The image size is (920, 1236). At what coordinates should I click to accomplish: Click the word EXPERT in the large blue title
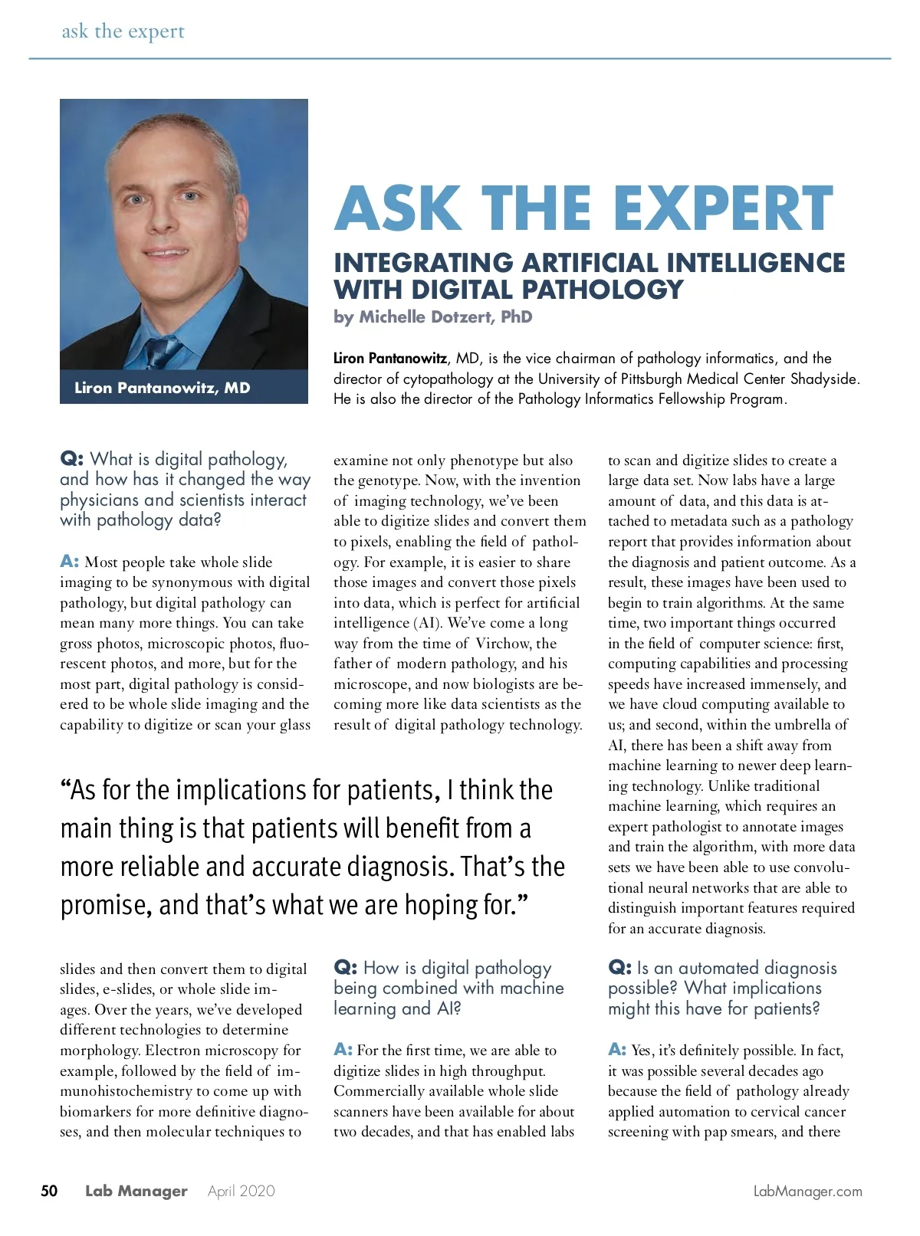(x=722, y=208)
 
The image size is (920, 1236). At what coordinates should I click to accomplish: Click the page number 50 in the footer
(x=49, y=1191)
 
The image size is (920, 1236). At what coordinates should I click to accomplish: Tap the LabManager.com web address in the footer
(x=807, y=1192)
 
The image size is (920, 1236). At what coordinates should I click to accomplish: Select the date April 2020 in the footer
(x=241, y=1191)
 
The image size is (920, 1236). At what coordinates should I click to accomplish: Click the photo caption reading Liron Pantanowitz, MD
(x=163, y=388)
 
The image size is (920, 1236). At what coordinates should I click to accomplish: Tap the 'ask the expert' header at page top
(x=123, y=31)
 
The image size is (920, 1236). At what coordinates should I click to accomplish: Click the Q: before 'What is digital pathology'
(x=71, y=459)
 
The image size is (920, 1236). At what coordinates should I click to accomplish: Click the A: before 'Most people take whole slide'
(x=69, y=562)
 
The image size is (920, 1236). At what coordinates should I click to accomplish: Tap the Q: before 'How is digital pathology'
(x=345, y=968)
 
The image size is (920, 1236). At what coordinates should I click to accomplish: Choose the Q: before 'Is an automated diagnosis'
(x=619, y=968)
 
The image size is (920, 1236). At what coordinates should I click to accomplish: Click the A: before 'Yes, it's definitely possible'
(x=617, y=1050)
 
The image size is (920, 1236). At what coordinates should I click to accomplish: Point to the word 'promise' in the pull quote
(x=105, y=906)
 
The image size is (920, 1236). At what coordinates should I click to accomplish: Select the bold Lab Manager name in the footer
(x=136, y=1191)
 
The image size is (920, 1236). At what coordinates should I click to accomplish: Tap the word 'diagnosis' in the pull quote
(x=398, y=867)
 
